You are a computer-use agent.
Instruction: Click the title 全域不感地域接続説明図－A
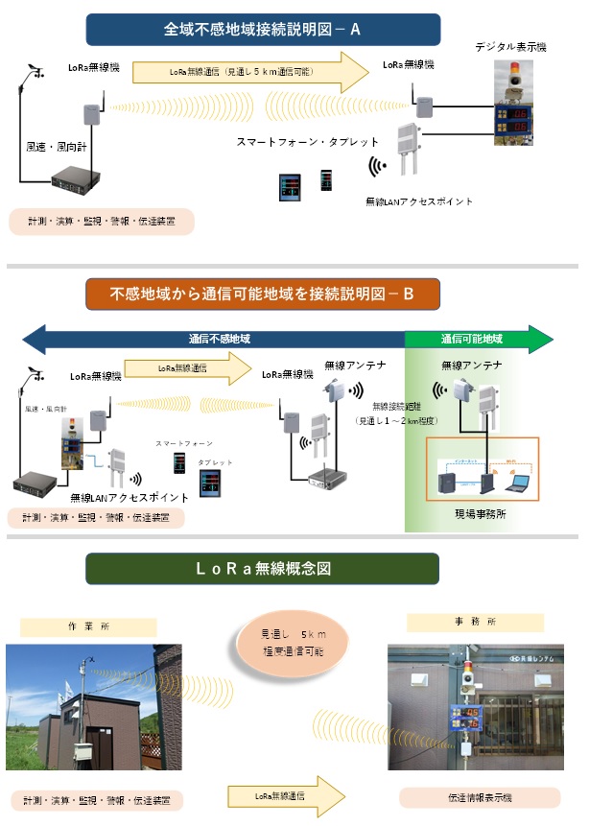pyautogui.click(x=262, y=30)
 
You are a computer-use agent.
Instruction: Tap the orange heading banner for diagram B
pyautogui.click(x=262, y=294)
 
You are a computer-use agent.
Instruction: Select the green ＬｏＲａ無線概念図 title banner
pyautogui.click(x=262, y=568)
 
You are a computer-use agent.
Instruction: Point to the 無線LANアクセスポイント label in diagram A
pyautogui.click(x=419, y=201)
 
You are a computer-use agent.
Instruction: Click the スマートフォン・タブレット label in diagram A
pyautogui.click(x=308, y=142)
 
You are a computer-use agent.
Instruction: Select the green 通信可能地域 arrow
pyautogui.click(x=477, y=339)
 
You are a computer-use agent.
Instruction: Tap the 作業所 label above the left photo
pyautogui.click(x=89, y=626)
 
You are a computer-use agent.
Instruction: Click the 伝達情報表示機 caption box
pyautogui.click(x=479, y=797)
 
